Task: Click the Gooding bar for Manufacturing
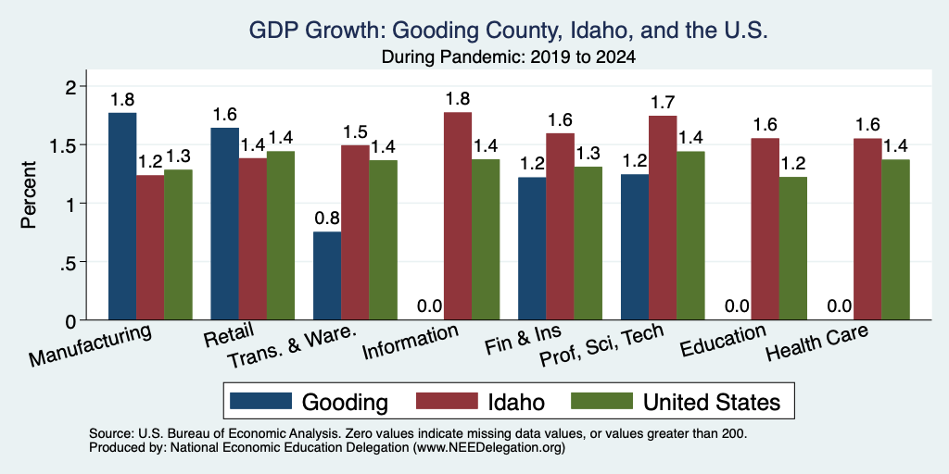(x=122, y=217)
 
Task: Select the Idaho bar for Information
(x=458, y=217)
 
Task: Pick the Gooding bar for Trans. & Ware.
(x=327, y=276)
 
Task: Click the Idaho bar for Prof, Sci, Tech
(x=663, y=218)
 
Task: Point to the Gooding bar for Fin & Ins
(x=532, y=248)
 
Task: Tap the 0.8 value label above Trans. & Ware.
(x=327, y=218)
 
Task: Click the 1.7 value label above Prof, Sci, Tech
(x=663, y=102)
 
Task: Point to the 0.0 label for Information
(x=430, y=306)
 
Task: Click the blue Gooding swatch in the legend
(x=260, y=401)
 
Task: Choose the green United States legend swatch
(x=602, y=401)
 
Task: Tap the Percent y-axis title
(x=29, y=194)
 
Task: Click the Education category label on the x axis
(x=724, y=341)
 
